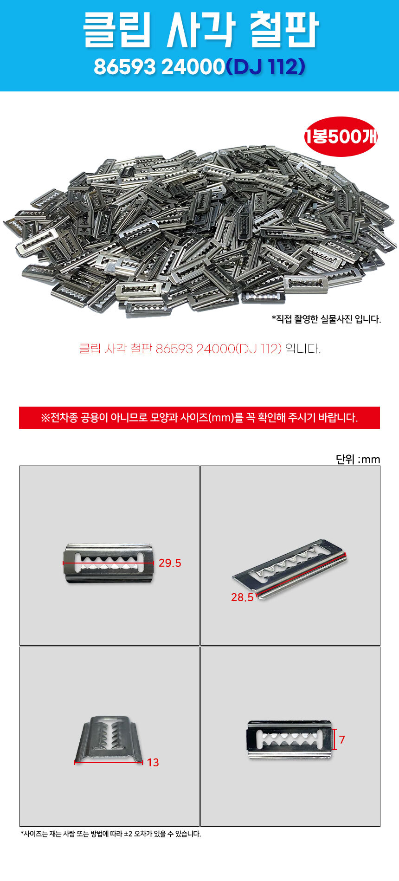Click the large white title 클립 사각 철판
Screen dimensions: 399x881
point(200,30)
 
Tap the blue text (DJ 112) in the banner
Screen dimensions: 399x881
point(265,67)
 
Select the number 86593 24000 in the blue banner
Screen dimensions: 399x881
point(159,67)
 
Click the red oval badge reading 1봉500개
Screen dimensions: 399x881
point(341,136)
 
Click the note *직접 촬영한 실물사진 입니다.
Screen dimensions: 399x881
point(326,319)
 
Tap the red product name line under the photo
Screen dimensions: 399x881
point(180,349)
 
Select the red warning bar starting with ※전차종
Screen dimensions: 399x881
point(199,418)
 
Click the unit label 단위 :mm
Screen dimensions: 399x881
point(358,460)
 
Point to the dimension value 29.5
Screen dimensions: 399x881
point(170,563)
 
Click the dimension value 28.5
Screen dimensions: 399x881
point(242,597)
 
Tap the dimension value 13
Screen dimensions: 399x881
point(153,763)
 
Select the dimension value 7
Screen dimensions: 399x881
point(342,740)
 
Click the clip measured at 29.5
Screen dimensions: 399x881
point(109,563)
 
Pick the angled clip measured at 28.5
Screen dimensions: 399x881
point(290,569)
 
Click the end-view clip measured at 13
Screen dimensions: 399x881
point(109,739)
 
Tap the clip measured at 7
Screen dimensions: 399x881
point(290,739)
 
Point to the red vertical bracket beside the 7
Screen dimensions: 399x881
point(335,740)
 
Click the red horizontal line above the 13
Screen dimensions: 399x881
point(109,762)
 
